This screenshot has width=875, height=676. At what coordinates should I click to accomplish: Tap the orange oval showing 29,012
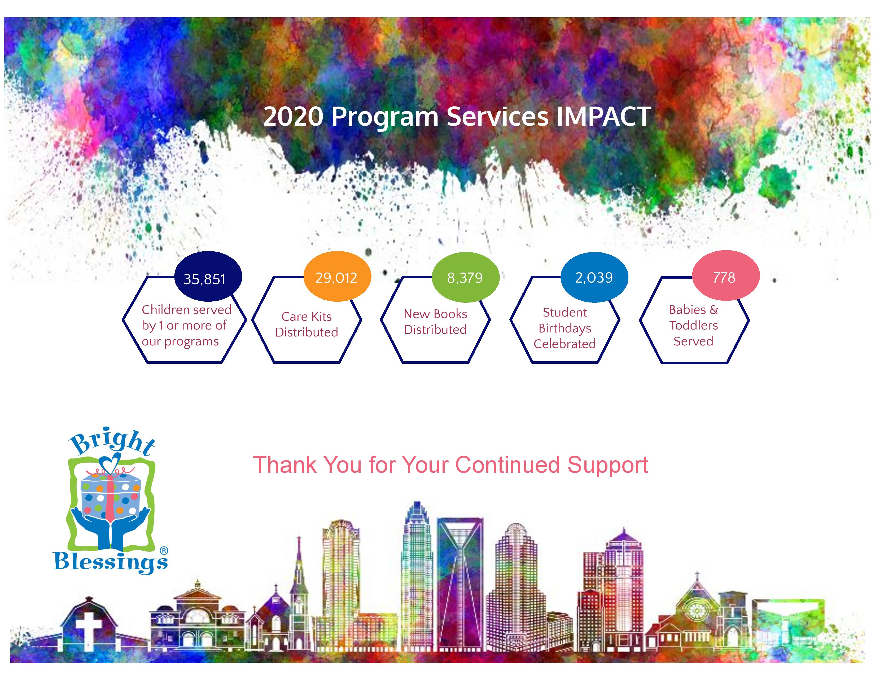(337, 276)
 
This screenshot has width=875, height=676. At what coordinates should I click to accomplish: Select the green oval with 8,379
(466, 277)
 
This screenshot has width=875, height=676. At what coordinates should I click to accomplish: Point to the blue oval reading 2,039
(594, 277)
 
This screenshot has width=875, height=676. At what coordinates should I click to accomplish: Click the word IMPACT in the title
(603, 117)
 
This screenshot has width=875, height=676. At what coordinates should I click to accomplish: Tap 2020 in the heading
(293, 117)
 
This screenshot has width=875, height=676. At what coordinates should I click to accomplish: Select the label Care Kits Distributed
(307, 324)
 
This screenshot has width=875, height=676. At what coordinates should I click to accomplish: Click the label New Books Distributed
(435, 322)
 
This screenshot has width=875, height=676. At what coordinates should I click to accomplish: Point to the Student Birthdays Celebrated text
(565, 328)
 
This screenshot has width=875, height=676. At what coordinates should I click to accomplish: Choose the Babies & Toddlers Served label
(694, 325)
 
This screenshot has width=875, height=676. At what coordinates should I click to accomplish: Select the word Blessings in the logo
(111, 561)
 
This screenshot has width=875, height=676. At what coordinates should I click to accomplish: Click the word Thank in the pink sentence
(285, 465)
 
